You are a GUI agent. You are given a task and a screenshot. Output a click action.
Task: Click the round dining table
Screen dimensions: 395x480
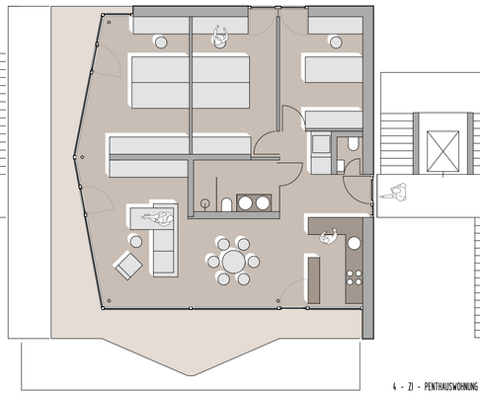233,262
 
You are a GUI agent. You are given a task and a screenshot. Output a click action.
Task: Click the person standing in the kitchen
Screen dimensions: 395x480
328,236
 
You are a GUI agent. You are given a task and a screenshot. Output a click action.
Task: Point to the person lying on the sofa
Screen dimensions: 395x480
158,216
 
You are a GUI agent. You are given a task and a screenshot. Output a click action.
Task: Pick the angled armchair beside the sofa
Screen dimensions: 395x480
126,264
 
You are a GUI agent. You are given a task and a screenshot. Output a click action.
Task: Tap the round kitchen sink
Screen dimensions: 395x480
351,243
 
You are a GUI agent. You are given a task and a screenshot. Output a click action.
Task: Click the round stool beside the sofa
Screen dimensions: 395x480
135,240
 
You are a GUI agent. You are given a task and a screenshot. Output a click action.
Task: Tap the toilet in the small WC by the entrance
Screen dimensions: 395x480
354,143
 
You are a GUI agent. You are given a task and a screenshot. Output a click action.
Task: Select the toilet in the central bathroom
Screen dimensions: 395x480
226,203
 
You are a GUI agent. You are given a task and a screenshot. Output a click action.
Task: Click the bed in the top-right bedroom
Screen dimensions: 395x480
332,69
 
